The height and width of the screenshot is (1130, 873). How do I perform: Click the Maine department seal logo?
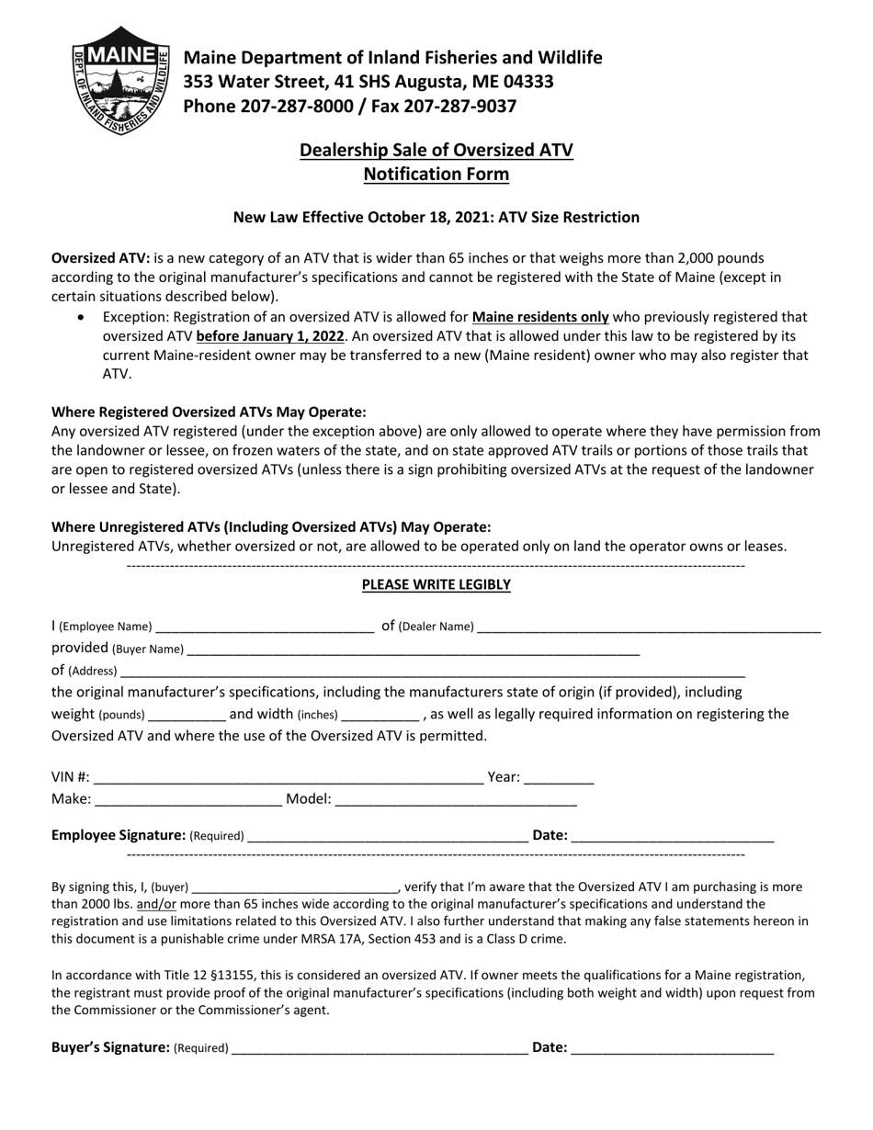click(x=119, y=81)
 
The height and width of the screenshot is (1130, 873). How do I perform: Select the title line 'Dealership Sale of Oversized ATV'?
click(x=436, y=150)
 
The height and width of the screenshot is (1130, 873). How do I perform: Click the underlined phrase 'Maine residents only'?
click(x=540, y=317)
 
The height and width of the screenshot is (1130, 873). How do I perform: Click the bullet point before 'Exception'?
click(x=84, y=317)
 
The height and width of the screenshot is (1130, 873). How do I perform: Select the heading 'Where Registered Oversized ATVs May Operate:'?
click(x=209, y=412)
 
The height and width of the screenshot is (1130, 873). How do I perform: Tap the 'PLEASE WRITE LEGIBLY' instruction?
click(x=436, y=584)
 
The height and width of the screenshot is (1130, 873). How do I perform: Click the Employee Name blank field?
click(x=265, y=627)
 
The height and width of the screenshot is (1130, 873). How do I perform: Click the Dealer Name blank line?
click(x=649, y=627)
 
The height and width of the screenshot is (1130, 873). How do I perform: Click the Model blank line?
click(x=456, y=800)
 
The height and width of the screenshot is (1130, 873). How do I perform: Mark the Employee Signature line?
click(x=388, y=837)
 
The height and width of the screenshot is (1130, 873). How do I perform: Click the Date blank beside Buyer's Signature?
click(x=672, y=1048)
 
